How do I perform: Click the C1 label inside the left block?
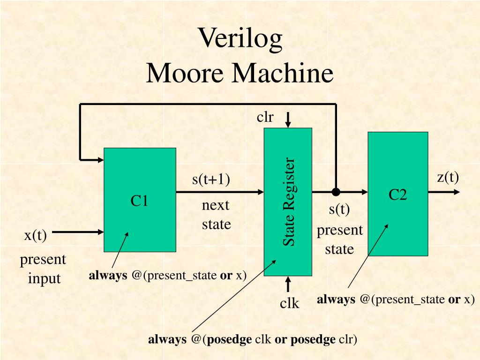(x=139, y=201)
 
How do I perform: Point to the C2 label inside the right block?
(x=397, y=195)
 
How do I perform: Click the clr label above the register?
(x=265, y=117)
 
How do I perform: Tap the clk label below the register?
(x=290, y=303)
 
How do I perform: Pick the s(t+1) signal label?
(x=211, y=180)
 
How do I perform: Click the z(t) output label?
(x=448, y=177)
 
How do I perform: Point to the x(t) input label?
(x=36, y=235)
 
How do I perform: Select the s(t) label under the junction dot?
(x=339, y=209)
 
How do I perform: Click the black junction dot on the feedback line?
(x=336, y=192)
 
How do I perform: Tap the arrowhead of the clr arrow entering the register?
(x=288, y=125)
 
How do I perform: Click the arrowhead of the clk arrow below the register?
(x=288, y=279)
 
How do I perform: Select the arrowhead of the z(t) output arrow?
(x=457, y=192)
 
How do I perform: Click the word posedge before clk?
(x=229, y=339)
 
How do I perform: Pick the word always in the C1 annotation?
(x=108, y=275)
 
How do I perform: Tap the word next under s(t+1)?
(x=216, y=206)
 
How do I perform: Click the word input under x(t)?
(x=45, y=278)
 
